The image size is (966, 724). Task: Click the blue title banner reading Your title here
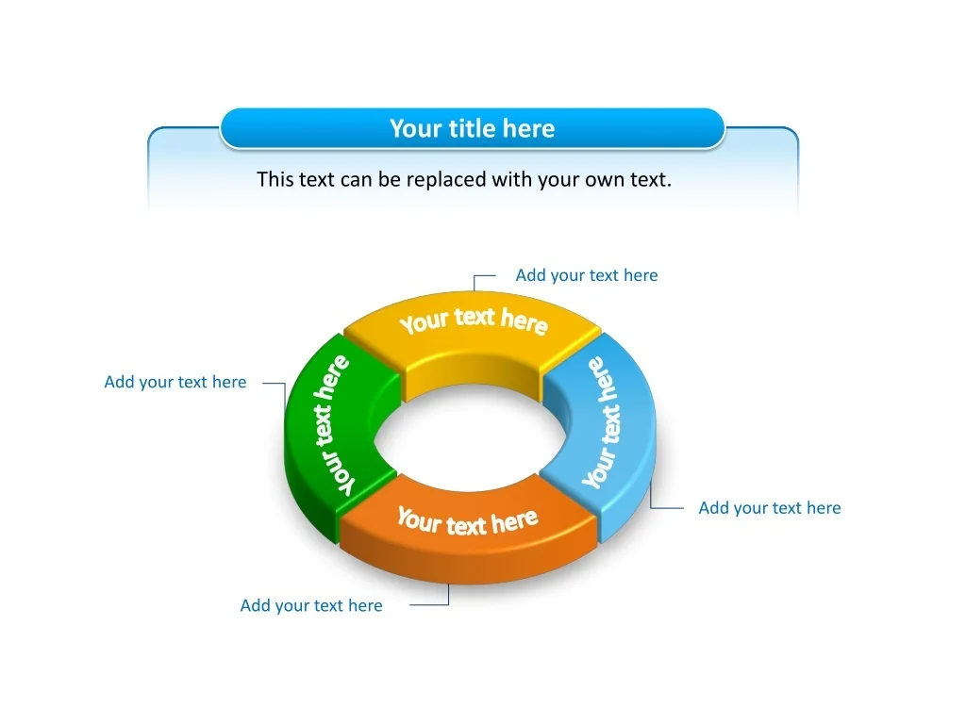[472, 128]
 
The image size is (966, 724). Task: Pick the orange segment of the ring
[468, 530]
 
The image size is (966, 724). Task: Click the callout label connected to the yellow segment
[587, 275]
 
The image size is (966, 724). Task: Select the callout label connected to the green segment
[175, 383]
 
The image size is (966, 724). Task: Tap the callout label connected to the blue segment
[770, 508]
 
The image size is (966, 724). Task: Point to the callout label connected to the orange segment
[311, 606]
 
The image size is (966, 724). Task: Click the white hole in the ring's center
[470, 438]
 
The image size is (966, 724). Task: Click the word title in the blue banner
[473, 128]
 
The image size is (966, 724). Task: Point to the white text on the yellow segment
[474, 321]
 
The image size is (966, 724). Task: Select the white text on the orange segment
[467, 522]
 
